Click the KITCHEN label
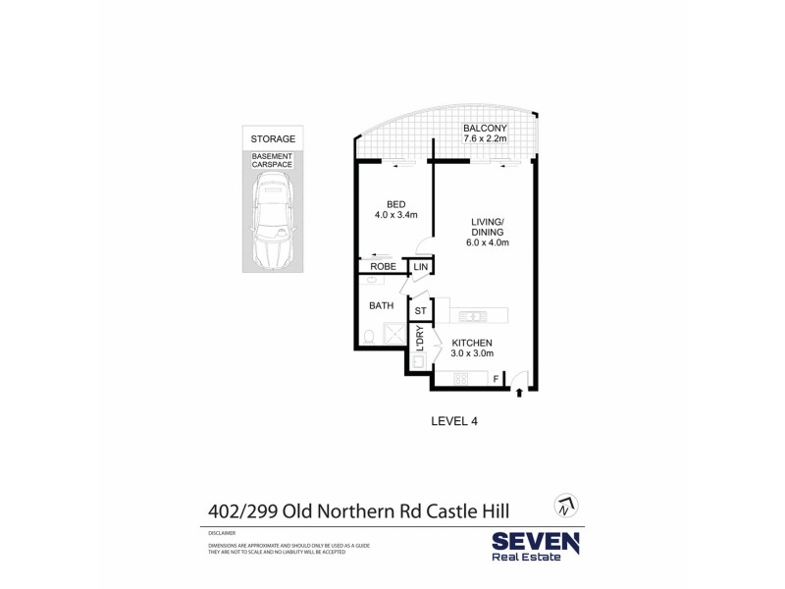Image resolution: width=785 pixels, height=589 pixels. (x=472, y=343)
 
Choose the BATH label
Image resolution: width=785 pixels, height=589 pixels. (x=381, y=305)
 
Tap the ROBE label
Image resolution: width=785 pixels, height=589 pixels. (x=383, y=267)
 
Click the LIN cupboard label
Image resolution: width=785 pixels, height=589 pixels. (x=421, y=267)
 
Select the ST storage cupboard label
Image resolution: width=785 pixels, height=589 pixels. (x=421, y=311)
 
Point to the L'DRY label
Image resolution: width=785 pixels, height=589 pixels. (x=420, y=340)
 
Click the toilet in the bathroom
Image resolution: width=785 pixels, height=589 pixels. (x=368, y=338)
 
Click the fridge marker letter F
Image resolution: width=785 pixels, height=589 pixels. (x=496, y=377)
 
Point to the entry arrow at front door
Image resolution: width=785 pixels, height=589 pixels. (x=519, y=394)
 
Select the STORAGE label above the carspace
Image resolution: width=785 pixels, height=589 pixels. (x=273, y=139)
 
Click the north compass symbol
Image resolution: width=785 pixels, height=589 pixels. (x=564, y=507)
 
